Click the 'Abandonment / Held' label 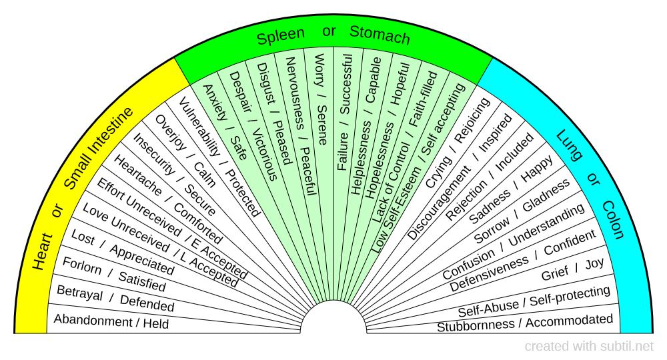111,322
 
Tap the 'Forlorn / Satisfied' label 113,274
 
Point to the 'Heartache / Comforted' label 167,199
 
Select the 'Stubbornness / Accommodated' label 525,323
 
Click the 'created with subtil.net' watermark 589,347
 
